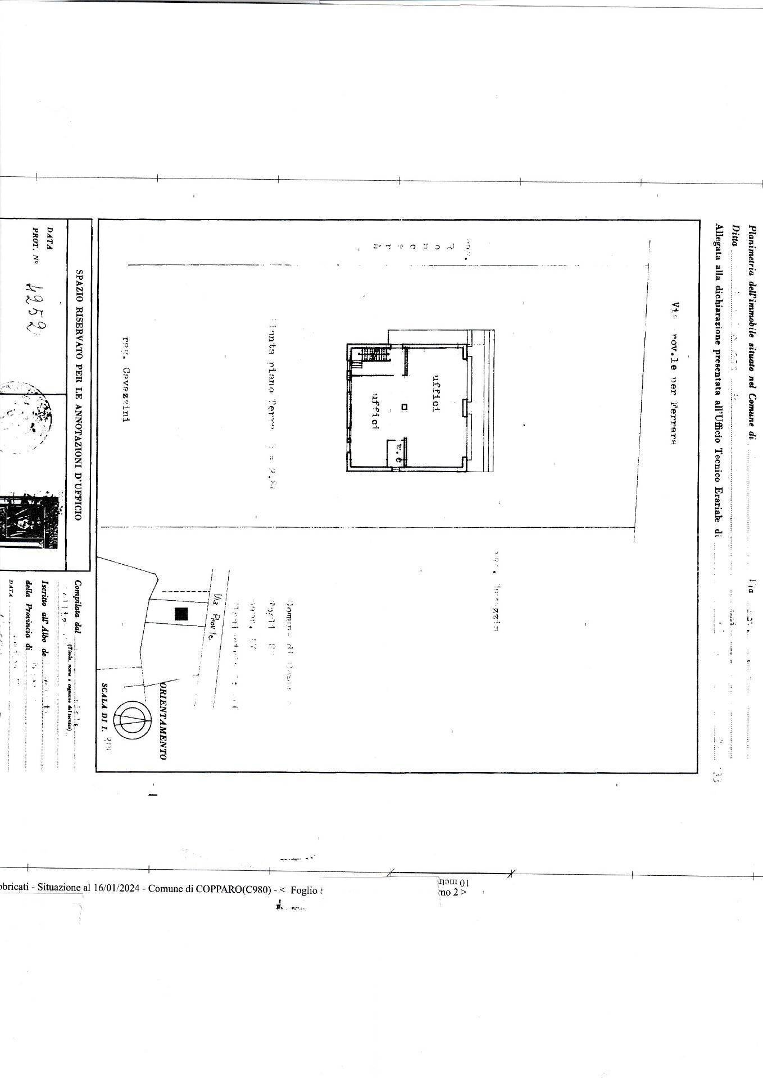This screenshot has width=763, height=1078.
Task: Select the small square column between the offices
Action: click(404, 406)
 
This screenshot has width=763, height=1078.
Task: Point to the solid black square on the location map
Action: click(181, 614)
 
